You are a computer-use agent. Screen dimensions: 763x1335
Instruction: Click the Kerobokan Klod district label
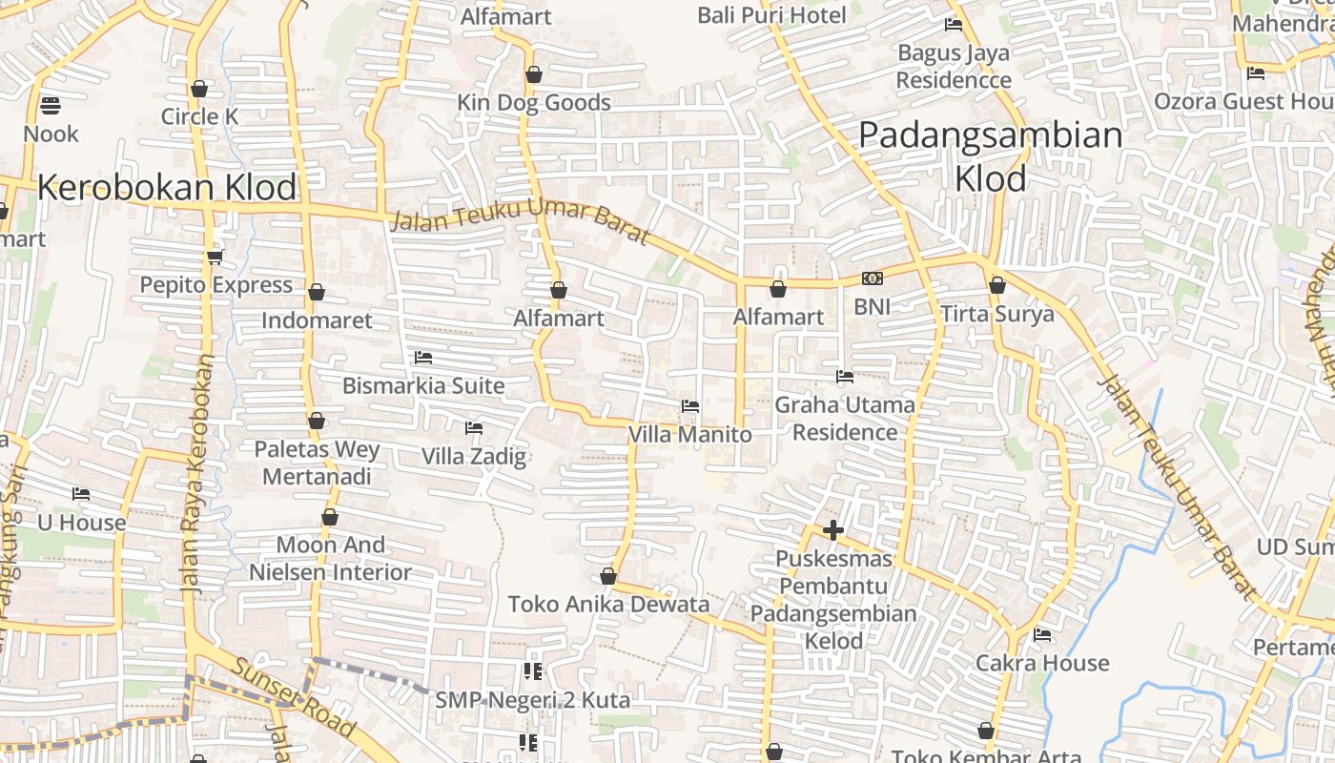pos(167,188)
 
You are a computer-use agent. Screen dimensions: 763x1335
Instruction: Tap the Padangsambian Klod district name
pos(991,156)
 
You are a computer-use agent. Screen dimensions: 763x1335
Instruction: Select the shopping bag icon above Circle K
pos(198,89)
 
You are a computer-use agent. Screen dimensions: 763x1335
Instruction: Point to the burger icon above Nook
pos(51,105)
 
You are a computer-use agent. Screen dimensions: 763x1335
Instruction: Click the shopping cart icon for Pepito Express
pos(216,257)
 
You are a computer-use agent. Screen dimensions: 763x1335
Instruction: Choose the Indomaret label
pos(317,320)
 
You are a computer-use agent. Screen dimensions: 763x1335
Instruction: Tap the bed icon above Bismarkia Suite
pos(423,358)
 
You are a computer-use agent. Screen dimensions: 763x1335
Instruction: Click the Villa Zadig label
pos(474,456)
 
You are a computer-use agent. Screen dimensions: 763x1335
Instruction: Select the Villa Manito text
pos(689,435)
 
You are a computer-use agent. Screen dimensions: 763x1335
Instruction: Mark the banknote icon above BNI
pos(872,278)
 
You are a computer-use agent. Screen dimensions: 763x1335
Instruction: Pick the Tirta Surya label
pos(997,314)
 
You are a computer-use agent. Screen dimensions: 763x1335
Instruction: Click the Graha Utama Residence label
pos(845,419)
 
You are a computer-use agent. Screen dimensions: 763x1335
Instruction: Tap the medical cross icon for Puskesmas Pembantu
pos(833,530)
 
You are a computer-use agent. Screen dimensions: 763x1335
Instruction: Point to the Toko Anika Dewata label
pos(608,605)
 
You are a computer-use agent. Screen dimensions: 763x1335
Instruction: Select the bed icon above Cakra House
pos(1042,634)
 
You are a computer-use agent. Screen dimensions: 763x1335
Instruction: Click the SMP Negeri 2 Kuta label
pos(532,700)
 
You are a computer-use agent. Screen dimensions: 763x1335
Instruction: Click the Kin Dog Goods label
pos(534,103)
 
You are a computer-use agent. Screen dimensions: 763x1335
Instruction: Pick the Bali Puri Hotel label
pos(771,15)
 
